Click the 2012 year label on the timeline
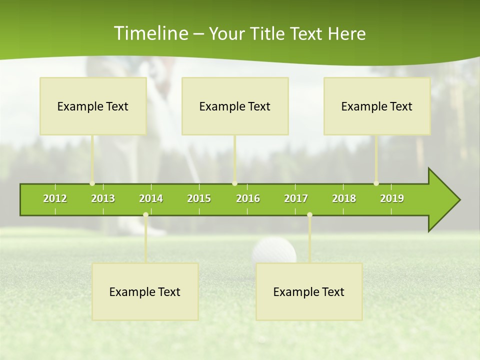pyautogui.click(x=55, y=198)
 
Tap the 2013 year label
pyautogui.click(x=103, y=198)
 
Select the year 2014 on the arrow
pyautogui.click(x=151, y=198)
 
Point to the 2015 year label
pyautogui.click(x=199, y=198)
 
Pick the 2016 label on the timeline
pyautogui.click(x=248, y=198)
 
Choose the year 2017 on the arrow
pyautogui.click(x=296, y=198)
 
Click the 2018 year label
pyautogui.click(x=344, y=198)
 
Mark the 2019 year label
pyautogui.click(x=392, y=198)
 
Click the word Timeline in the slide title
pyautogui.click(x=150, y=33)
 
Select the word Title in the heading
pyautogui.click(x=268, y=33)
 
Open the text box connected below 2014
pyautogui.click(x=145, y=291)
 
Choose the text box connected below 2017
pyautogui.click(x=309, y=291)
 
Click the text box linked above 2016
pyautogui.click(x=235, y=106)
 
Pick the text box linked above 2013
pyautogui.click(x=93, y=106)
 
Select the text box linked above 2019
pyautogui.click(x=377, y=106)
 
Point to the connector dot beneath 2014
pyautogui.click(x=145, y=214)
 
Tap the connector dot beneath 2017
pyautogui.click(x=309, y=214)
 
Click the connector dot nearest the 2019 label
pyautogui.click(x=376, y=183)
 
